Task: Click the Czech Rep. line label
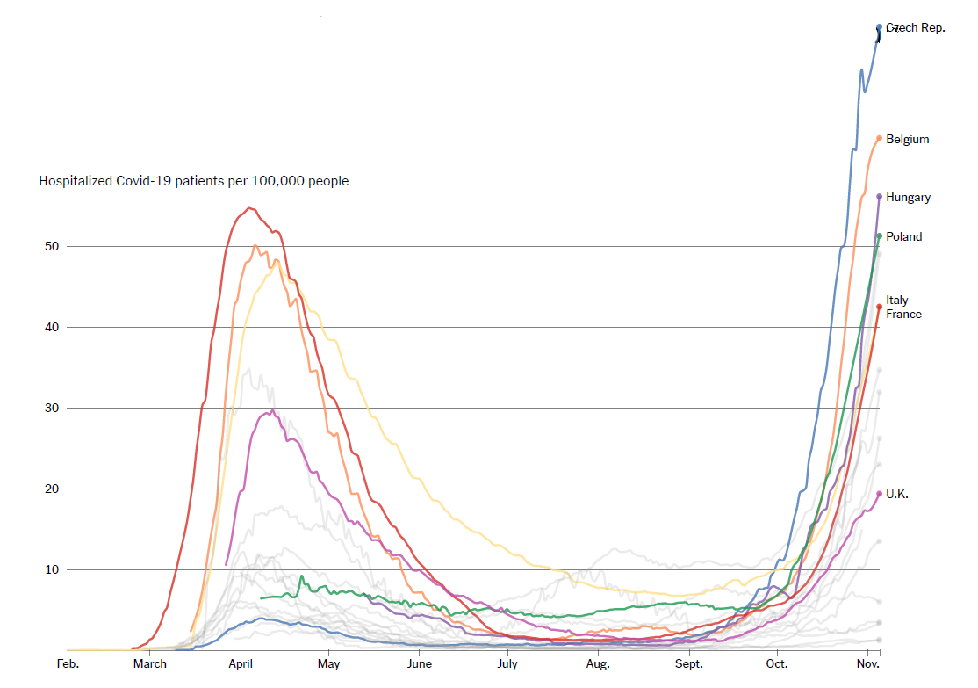click(916, 28)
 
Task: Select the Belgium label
click(907, 139)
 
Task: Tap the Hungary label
click(908, 198)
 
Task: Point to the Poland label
click(903, 236)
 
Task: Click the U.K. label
click(896, 495)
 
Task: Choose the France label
click(903, 314)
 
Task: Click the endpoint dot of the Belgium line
click(879, 138)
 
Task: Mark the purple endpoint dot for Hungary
click(879, 196)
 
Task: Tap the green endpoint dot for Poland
click(879, 235)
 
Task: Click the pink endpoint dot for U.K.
click(879, 494)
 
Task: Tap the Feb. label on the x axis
click(68, 663)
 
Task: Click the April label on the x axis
click(241, 663)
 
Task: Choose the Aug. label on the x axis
click(598, 663)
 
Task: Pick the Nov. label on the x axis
click(867, 663)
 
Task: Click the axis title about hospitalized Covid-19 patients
click(193, 181)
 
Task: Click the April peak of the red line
click(249, 208)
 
